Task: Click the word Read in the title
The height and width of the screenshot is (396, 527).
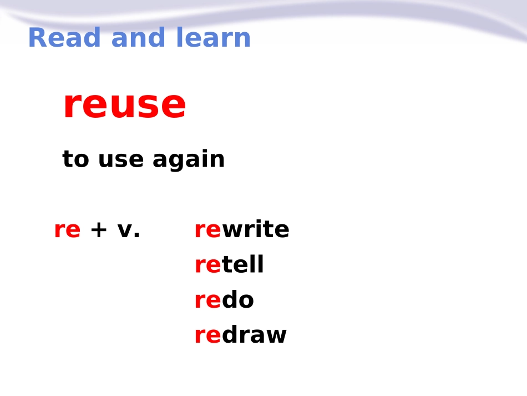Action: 64,37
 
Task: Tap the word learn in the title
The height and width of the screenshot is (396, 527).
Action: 214,37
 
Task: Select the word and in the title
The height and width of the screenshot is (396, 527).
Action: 138,37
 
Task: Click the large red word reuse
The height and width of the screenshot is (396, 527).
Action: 124,104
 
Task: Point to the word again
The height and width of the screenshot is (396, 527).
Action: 189,159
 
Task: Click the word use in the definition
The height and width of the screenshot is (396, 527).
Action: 121,160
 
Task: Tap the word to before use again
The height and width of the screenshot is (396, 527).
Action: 75,159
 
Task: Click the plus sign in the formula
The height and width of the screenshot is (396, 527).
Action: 99,230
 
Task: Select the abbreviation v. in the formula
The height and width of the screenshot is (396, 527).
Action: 128,230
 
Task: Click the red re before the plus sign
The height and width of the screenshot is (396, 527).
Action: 67,230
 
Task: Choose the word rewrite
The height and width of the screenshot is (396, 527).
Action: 242,229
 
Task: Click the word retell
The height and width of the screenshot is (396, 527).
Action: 229,264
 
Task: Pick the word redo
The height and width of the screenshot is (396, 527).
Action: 224,299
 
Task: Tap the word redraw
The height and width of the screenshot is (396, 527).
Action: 241,335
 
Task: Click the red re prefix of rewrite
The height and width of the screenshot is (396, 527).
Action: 207,230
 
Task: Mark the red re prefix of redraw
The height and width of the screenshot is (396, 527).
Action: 207,335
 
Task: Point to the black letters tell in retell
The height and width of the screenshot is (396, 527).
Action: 242,264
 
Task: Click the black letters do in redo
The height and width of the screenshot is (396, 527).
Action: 237,299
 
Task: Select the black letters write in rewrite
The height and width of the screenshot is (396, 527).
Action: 255,229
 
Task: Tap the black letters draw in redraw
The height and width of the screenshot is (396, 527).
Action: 254,335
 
